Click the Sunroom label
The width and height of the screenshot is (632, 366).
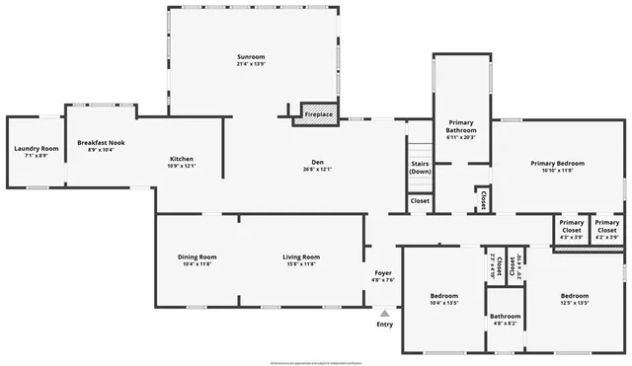click(x=251, y=56)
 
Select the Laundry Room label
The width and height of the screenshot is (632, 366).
click(x=37, y=149)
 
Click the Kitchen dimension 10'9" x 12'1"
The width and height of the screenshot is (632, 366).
click(x=181, y=166)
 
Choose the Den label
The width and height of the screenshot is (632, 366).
click(x=318, y=162)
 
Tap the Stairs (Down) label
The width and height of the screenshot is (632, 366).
click(x=421, y=168)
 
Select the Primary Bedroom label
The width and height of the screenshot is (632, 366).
click(x=557, y=163)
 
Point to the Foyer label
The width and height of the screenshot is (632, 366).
click(x=383, y=272)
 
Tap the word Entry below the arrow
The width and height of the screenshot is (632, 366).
click(x=385, y=325)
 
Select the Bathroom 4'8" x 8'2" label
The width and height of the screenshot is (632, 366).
click(x=506, y=320)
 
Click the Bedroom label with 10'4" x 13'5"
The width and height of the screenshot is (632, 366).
click(x=444, y=296)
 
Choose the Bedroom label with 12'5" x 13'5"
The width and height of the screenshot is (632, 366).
click(x=575, y=296)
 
